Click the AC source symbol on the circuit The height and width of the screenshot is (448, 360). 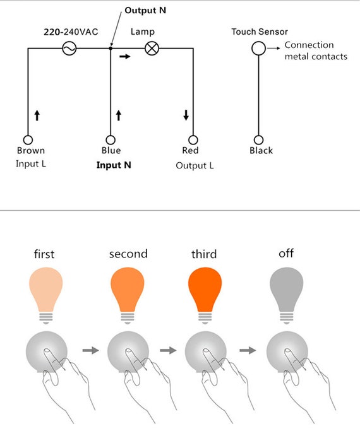[69, 49]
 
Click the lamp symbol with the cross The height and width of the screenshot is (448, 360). [152, 49]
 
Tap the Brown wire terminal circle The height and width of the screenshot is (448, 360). [28, 140]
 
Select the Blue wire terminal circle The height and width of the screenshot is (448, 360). [111, 140]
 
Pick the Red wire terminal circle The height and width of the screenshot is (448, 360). [193, 140]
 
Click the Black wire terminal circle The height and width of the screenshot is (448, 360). [258, 140]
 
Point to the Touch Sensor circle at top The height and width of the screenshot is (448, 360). [258, 49]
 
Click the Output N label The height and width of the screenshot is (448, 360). [145, 11]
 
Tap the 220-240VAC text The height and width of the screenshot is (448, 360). [71, 32]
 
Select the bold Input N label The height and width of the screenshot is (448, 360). [114, 165]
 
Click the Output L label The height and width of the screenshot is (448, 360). [195, 165]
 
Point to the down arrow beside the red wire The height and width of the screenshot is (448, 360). [186, 115]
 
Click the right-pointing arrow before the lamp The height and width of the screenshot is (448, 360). [124, 56]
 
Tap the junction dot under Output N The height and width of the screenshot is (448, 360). [111, 49]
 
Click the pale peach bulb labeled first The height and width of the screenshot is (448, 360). [45, 295]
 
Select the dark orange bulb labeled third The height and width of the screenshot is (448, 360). [205, 295]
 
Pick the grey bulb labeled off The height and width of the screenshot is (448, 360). [286, 295]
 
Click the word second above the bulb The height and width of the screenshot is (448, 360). [128, 254]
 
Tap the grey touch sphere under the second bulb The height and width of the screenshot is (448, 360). [128, 352]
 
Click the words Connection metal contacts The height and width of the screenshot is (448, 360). [316, 50]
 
